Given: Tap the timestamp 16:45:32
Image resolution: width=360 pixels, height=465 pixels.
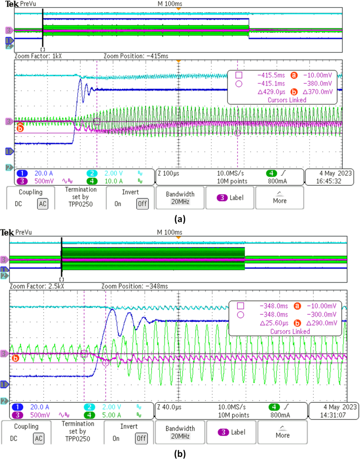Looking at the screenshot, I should coord(324,181).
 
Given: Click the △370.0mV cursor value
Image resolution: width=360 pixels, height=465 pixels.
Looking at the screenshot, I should coord(319,91).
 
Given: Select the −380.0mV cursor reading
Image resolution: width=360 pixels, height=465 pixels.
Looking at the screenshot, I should coord(319,83).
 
